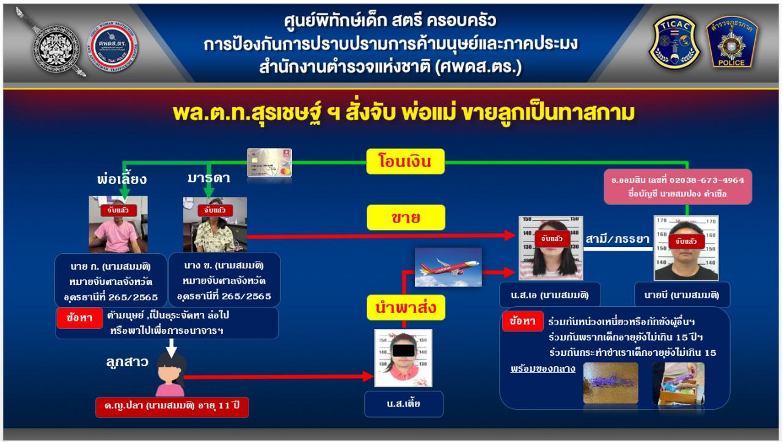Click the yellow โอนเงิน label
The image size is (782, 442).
point(405,161)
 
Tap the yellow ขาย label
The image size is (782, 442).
point(406,217)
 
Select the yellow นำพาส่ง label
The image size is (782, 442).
point(406,308)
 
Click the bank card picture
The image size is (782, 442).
point(269,163)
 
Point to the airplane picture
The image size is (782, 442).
point(448,267)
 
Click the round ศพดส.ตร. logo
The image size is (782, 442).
point(112,46)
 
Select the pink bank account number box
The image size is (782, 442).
point(678,186)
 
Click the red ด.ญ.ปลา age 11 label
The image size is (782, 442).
point(172,407)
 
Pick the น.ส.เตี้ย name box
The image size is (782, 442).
point(404,404)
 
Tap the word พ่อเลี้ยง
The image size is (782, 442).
point(122,179)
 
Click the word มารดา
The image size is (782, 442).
point(209,178)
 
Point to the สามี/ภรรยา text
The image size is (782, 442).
point(617,239)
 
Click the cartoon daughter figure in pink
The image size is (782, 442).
point(170,375)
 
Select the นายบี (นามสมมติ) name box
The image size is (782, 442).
point(682,295)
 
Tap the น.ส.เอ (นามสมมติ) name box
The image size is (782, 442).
point(550,295)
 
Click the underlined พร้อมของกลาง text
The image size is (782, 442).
point(543,369)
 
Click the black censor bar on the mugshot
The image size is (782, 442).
point(404,350)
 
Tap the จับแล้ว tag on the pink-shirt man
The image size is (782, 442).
point(118,210)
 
